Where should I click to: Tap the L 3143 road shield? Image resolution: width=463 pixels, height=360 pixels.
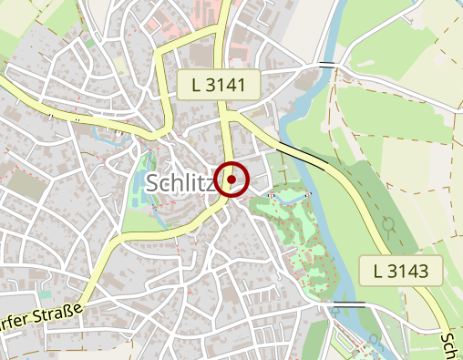click(x=407, y=270)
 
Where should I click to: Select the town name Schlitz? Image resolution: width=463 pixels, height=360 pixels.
click(x=179, y=183)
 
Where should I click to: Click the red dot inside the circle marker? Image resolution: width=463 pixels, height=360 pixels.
click(x=232, y=180)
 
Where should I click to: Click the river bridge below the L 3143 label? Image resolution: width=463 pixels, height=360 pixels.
click(x=350, y=304)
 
